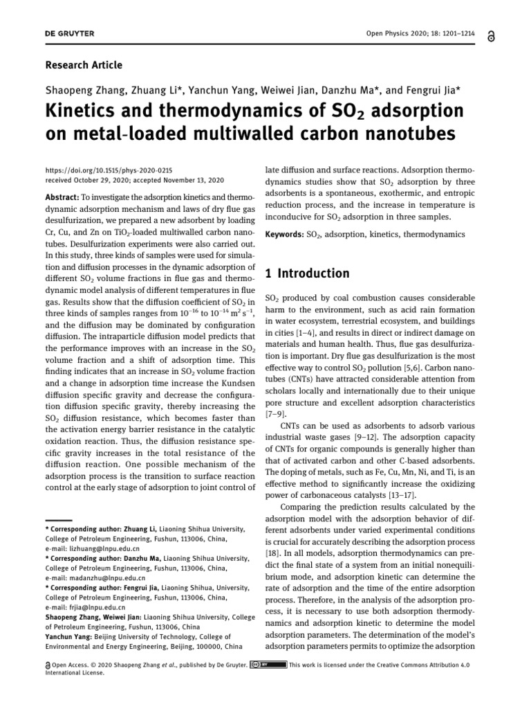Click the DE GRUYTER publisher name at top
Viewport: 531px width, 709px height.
click(x=70, y=34)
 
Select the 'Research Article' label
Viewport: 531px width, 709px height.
click(x=84, y=65)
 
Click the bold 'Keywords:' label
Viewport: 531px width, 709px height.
click(x=285, y=235)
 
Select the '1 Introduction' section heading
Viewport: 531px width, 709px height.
click(x=308, y=273)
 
